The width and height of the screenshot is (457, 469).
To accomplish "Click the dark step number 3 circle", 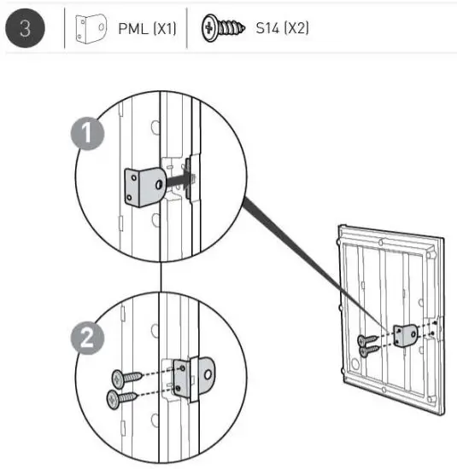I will pyautogui.click(x=26, y=27).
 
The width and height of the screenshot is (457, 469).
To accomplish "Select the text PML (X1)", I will pyautogui.click(x=146, y=28).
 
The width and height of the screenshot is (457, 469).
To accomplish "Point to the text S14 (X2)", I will pyautogui.click(x=282, y=28).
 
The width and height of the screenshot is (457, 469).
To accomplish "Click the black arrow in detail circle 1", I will pyautogui.click(x=177, y=182).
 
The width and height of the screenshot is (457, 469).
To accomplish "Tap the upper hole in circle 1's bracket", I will pyautogui.click(x=132, y=180).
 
